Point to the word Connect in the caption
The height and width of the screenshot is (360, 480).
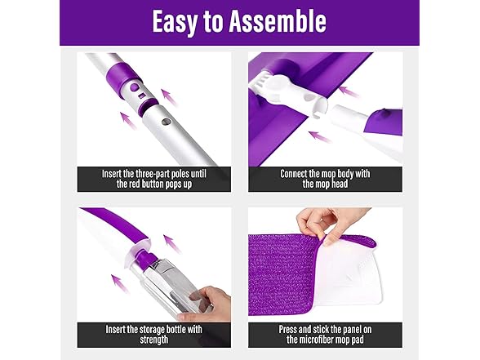[298, 173]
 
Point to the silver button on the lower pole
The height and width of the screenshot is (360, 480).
[165, 123]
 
